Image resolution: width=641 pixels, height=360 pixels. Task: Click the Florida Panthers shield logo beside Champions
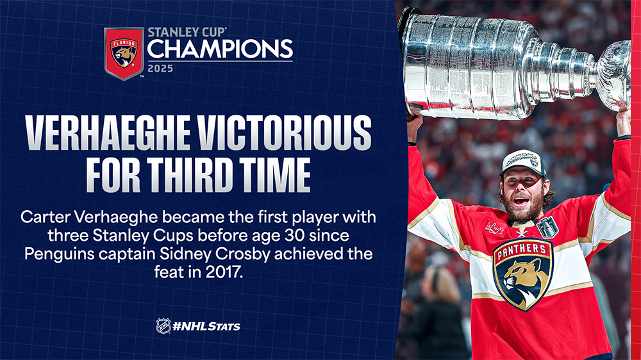(x=124, y=53)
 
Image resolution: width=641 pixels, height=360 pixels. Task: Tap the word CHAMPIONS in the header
(x=220, y=49)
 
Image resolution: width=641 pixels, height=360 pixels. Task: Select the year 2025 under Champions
(x=160, y=69)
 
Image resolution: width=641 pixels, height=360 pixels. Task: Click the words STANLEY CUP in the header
(x=187, y=32)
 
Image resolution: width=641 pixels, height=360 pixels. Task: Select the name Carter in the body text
(x=44, y=217)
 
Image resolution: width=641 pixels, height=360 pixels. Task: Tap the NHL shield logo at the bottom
(x=163, y=326)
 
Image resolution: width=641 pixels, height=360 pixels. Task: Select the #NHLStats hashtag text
(x=206, y=327)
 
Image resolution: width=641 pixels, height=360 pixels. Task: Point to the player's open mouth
(x=520, y=201)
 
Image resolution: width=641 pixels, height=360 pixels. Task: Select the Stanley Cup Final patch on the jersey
(x=547, y=227)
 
